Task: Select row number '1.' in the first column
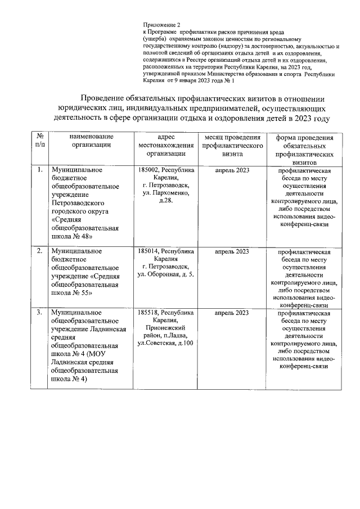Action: pyautogui.click(x=39, y=170)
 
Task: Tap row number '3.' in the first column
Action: pyautogui.click(x=39, y=312)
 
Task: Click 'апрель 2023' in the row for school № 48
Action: pyautogui.click(x=232, y=170)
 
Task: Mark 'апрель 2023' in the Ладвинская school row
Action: pyautogui.click(x=232, y=312)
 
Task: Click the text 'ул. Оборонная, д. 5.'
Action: pyautogui.click(x=166, y=274)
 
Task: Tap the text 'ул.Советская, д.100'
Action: pyautogui.click(x=166, y=343)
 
